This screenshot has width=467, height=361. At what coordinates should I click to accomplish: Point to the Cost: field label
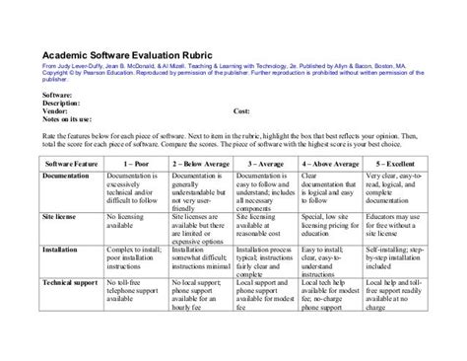click(244, 111)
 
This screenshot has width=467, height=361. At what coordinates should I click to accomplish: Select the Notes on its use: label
click(74, 119)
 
